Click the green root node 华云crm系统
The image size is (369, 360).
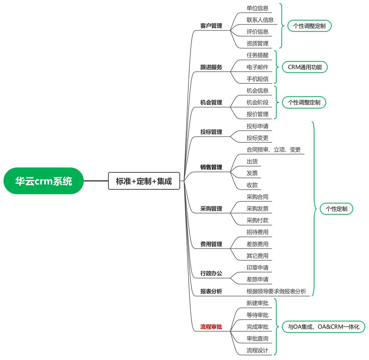43,181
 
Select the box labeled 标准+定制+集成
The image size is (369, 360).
144,181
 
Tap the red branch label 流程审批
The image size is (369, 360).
211,327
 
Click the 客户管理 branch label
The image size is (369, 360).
211,26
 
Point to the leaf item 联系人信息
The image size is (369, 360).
260,20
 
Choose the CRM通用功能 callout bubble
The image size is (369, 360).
305,67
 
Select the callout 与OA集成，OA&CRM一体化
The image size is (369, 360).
323,327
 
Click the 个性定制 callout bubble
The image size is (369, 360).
336,209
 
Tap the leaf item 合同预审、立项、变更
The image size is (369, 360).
273,150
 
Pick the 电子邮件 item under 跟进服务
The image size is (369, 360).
257,67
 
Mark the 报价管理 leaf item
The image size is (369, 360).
257,114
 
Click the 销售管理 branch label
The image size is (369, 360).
211,167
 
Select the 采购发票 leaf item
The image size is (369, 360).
257,209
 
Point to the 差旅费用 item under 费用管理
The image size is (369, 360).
257,244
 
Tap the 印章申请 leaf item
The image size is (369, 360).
257,268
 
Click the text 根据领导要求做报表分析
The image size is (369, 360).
276,291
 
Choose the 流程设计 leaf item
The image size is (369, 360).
257,350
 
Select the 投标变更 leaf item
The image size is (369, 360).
257,138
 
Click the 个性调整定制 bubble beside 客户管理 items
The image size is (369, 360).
309,26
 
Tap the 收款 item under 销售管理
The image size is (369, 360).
252,185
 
